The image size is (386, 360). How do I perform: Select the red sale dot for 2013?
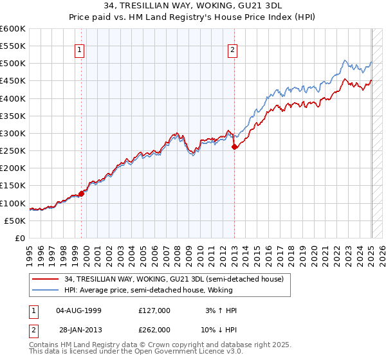tap(234, 147)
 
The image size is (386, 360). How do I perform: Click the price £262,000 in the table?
tap(154, 329)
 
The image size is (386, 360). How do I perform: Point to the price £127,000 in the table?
tap(154, 310)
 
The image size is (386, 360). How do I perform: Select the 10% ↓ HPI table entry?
tap(219, 329)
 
